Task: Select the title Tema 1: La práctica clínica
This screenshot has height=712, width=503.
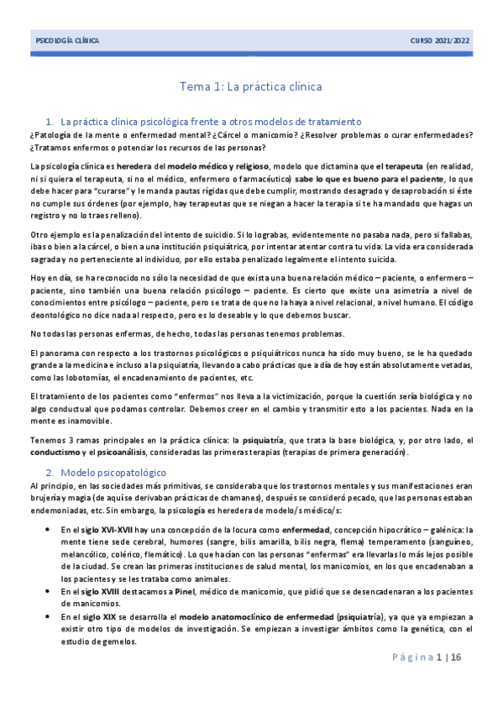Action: tap(251, 86)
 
